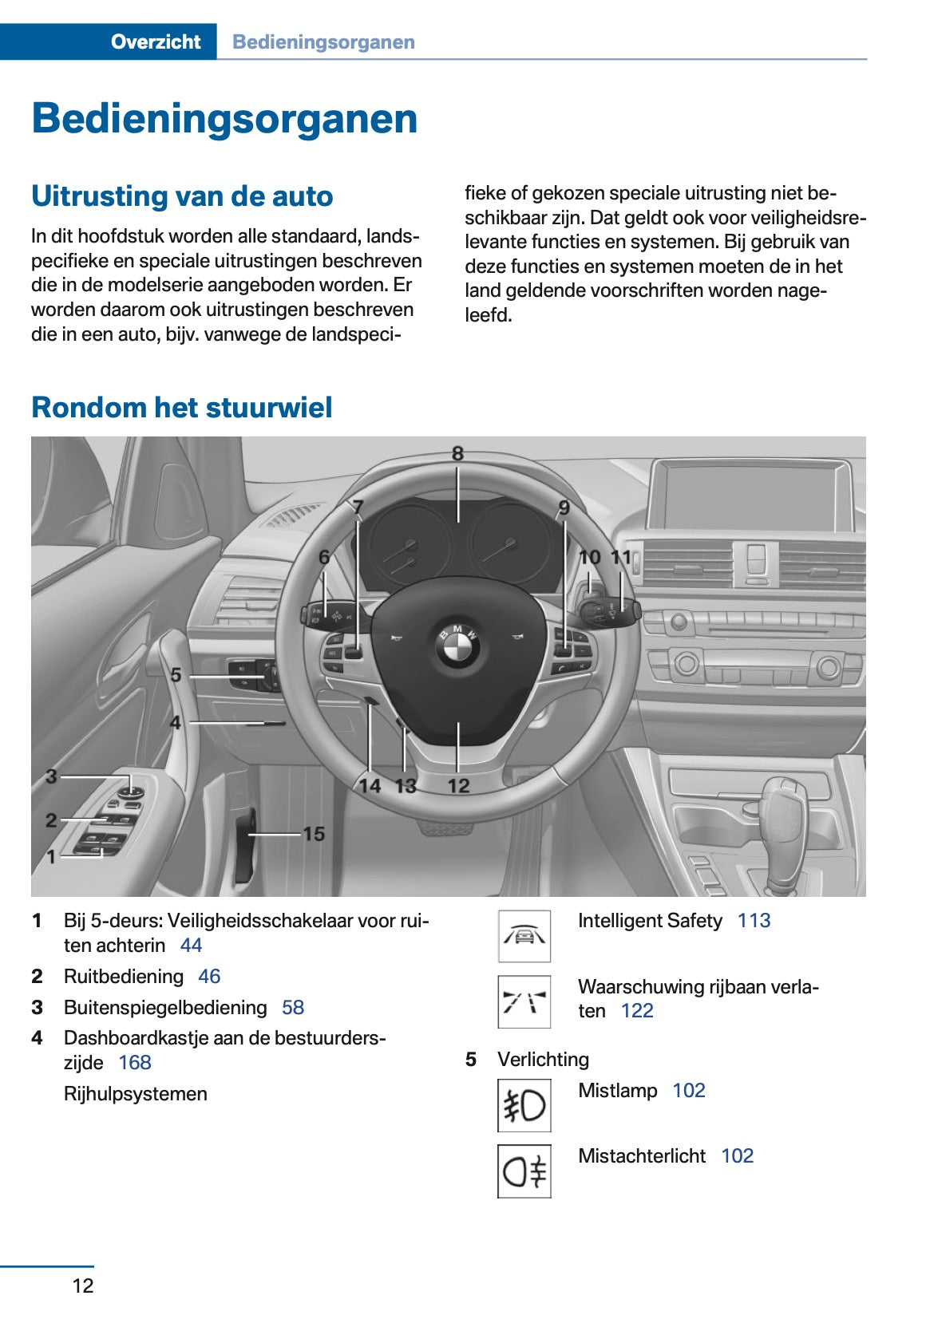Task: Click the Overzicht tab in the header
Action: coord(155,41)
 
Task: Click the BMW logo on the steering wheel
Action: coord(458,646)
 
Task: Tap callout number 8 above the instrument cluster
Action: coord(457,454)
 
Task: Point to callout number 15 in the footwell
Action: coord(314,834)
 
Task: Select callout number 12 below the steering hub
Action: coord(458,786)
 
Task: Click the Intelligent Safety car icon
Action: coord(524,935)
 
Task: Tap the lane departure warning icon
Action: coord(524,1001)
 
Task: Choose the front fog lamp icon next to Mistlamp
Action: coord(524,1105)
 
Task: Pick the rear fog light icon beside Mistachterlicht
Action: coord(524,1171)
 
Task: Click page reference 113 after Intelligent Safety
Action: coord(754,920)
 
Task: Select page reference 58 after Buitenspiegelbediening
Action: coord(293,1007)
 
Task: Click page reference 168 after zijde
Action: coord(134,1062)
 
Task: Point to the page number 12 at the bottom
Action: coord(82,1285)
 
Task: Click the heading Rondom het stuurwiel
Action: coord(181,407)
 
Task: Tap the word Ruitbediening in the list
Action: coord(124,976)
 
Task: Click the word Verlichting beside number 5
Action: coord(543,1059)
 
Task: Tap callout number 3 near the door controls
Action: coord(51,776)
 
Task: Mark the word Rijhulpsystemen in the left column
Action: coord(135,1093)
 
